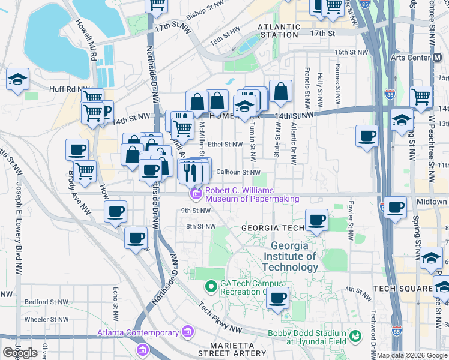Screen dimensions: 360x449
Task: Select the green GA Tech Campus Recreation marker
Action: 211,287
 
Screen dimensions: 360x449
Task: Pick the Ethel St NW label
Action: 225,144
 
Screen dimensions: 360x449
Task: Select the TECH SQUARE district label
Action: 403,289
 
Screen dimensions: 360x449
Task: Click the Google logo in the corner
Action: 20,353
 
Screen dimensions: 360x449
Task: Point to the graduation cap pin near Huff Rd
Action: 17,80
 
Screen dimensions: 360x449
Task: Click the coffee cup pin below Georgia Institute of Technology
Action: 277,298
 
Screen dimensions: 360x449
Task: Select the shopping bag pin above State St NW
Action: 280,91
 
